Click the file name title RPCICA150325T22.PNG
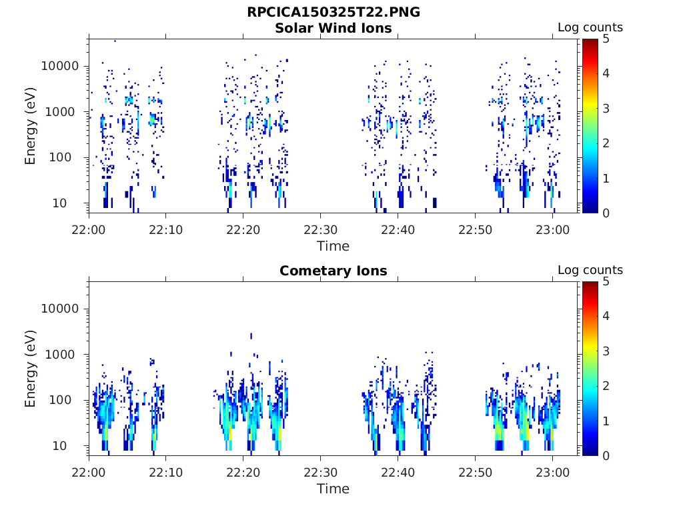click(333, 13)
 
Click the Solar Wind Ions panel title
click(333, 28)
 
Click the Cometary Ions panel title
click(333, 271)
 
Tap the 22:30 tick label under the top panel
click(321, 229)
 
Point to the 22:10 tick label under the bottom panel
click(166, 472)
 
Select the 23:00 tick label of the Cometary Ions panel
click(552, 472)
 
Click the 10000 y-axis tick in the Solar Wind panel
click(60, 66)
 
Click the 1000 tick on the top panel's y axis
click(65, 112)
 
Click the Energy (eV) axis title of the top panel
click(31, 126)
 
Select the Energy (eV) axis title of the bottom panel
click(31, 369)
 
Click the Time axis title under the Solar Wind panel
click(333, 246)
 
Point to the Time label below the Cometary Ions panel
click(333, 489)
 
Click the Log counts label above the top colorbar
click(590, 27)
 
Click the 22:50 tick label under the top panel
click(475, 229)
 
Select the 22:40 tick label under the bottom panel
click(398, 472)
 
